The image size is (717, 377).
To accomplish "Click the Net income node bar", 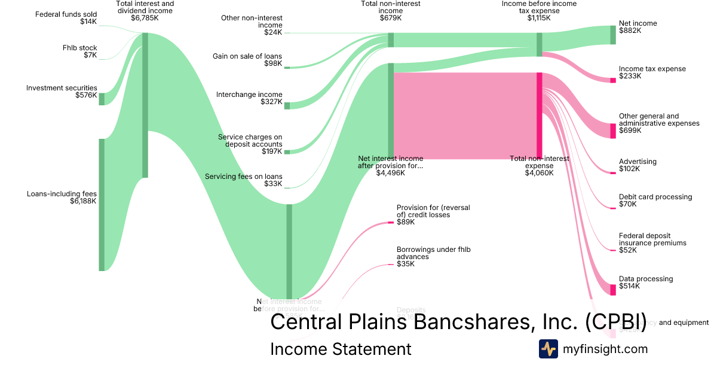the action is click(x=612, y=35).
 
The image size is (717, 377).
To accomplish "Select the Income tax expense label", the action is click(x=652, y=69).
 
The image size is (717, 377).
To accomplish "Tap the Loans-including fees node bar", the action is click(x=102, y=205).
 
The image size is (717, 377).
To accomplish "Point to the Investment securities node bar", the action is click(x=102, y=99).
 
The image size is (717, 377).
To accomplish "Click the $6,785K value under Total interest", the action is click(x=145, y=18).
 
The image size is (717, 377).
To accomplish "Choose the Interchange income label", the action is click(x=249, y=95).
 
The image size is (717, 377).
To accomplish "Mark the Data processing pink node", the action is click(x=612, y=290).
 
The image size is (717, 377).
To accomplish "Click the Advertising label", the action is click(x=638, y=162).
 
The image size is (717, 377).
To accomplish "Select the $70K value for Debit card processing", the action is click(x=628, y=204).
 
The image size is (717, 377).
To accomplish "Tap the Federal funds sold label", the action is click(x=66, y=14).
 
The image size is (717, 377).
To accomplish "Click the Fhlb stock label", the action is click(x=79, y=48).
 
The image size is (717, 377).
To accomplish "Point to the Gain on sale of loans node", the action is click(x=287, y=68).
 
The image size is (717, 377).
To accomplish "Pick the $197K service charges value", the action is click(x=272, y=151).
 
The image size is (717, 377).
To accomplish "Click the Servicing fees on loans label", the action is click(x=243, y=177).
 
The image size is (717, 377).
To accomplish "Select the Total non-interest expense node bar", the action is click(x=539, y=115).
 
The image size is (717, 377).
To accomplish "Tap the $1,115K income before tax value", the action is click(x=539, y=18).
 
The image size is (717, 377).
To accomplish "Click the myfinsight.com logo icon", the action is click(x=548, y=349).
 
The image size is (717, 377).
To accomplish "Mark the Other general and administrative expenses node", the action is click(x=612, y=130).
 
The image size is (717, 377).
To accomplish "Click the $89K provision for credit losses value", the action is click(x=405, y=222).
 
